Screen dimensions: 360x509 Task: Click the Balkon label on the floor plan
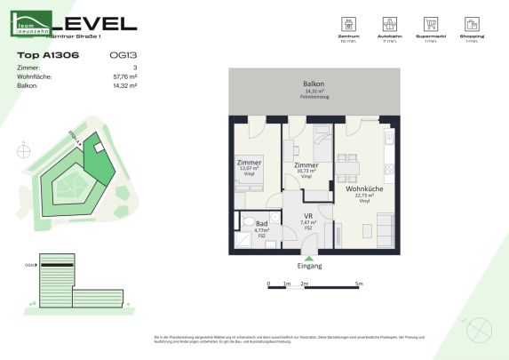pyautogui.click(x=314, y=84)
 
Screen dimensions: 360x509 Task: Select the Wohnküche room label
pyautogui.click(x=364, y=188)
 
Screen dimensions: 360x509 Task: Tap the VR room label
pyautogui.click(x=307, y=217)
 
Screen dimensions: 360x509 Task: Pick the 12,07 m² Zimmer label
pyautogui.click(x=248, y=164)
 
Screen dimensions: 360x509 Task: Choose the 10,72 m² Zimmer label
pyautogui.click(x=306, y=166)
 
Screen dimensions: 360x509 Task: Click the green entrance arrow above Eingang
pyautogui.click(x=308, y=258)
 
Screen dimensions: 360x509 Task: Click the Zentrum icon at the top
pyautogui.click(x=346, y=24)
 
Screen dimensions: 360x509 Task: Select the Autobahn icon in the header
pyautogui.click(x=388, y=24)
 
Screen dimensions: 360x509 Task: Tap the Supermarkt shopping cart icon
pyautogui.click(x=430, y=24)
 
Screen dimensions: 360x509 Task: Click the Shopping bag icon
pyautogui.click(x=471, y=24)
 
